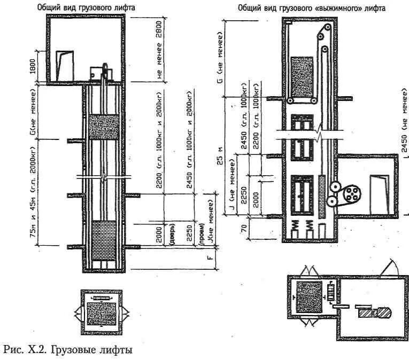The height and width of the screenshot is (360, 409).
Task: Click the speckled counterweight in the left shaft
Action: click(104, 127)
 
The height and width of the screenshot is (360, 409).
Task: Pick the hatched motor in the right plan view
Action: click(367, 311)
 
